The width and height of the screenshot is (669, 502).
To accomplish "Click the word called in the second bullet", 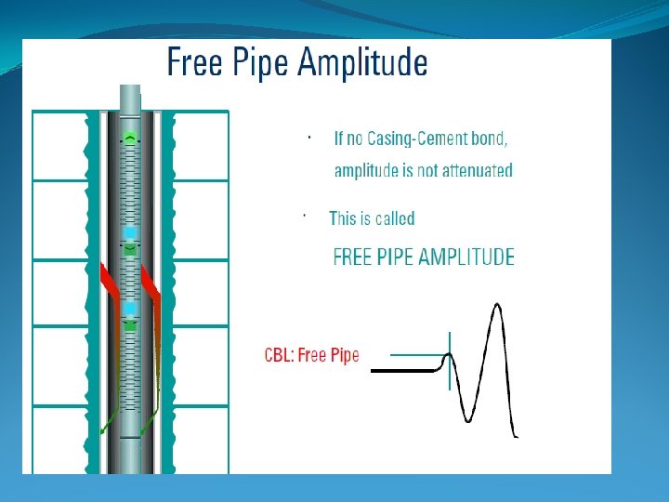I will coord(393,219).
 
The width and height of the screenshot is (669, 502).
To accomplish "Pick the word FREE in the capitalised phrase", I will coord(353,258).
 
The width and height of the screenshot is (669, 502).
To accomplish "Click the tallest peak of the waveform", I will coord(499,308).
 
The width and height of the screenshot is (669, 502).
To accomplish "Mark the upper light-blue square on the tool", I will coord(130,231).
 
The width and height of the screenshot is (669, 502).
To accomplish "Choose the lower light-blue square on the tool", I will coord(130,308).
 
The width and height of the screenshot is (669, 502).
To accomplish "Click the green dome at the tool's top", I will coord(131,139).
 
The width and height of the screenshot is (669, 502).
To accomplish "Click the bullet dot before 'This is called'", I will coord(305,214).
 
